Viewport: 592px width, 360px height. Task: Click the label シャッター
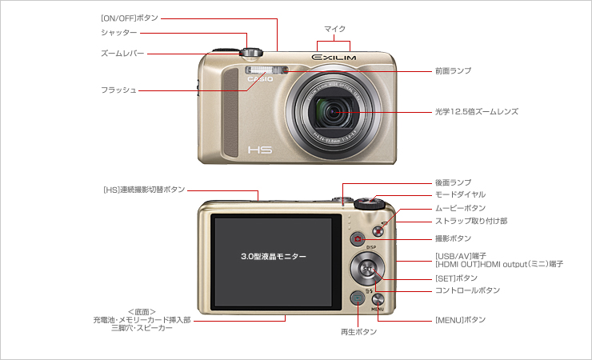pyautogui.click(x=118, y=33)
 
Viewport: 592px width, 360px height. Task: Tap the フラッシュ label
pyautogui.click(x=118, y=90)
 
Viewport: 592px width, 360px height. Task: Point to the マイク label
pyautogui.click(x=334, y=28)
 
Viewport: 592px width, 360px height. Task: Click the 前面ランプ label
pyautogui.click(x=453, y=71)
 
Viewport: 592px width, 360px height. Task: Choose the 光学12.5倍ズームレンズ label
pyautogui.click(x=477, y=112)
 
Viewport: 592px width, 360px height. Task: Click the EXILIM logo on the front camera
pyautogui.click(x=334, y=57)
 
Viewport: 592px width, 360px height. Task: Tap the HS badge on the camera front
pyautogui.click(x=261, y=150)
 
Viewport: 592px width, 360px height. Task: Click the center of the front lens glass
pyautogui.click(x=334, y=112)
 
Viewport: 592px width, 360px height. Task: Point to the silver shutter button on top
pyautogui.click(x=250, y=51)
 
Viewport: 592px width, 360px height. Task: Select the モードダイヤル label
pyautogui.click(x=460, y=194)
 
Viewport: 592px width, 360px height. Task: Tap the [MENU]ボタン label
pyautogui.click(x=460, y=320)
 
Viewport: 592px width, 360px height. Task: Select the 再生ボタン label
pyautogui.click(x=357, y=330)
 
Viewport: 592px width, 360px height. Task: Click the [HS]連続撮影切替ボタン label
pyautogui.click(x=144, y=190)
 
